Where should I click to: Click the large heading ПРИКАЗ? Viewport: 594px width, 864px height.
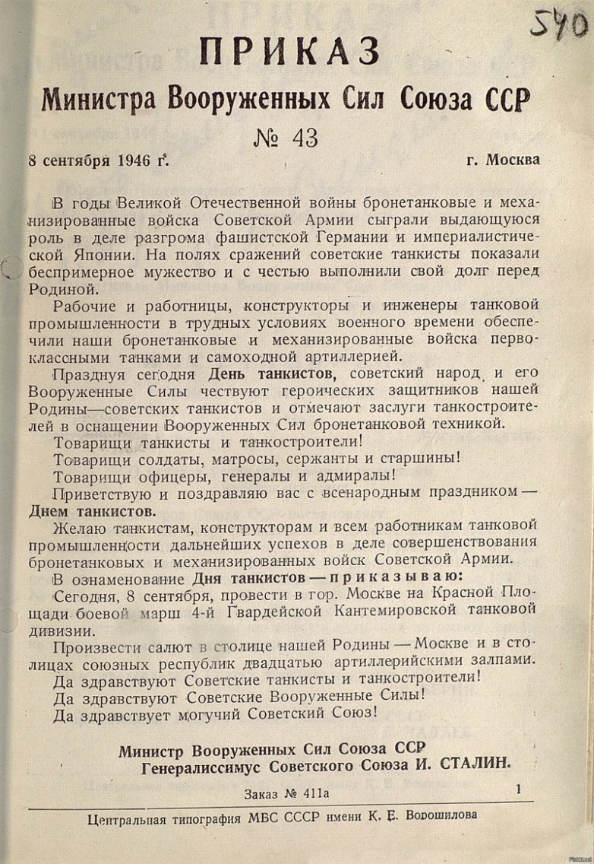(289, 52)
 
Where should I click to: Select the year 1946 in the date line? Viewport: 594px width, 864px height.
(137, 160)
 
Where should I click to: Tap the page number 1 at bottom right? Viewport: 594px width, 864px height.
(519, 790)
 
